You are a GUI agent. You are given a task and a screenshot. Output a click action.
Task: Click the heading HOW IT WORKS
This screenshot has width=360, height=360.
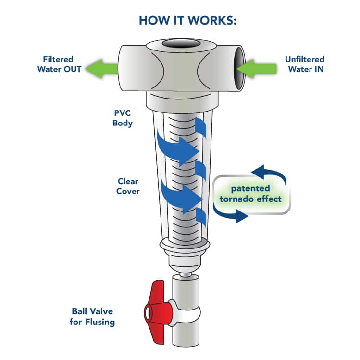pyautogui.click(x=180, y=21)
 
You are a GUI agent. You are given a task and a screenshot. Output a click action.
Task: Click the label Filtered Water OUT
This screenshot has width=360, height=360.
pyautogui.click(x=57, y=64)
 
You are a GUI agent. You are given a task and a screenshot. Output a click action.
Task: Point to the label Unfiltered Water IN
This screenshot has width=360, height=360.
pyautogui.click(x=304, y=64)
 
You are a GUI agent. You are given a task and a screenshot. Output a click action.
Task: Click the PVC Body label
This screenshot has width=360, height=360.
pyautogui.click(x=122, y=118)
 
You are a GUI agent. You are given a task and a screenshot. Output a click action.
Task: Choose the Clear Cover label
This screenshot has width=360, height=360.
pyautogui.click(x=128, y=186)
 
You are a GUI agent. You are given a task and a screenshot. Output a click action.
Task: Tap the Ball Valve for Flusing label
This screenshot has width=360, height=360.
pyautogui.click(x=92, y=317)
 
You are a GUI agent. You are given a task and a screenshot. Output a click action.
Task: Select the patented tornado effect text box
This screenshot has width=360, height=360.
pyautogui.click(x=252, y=193)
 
